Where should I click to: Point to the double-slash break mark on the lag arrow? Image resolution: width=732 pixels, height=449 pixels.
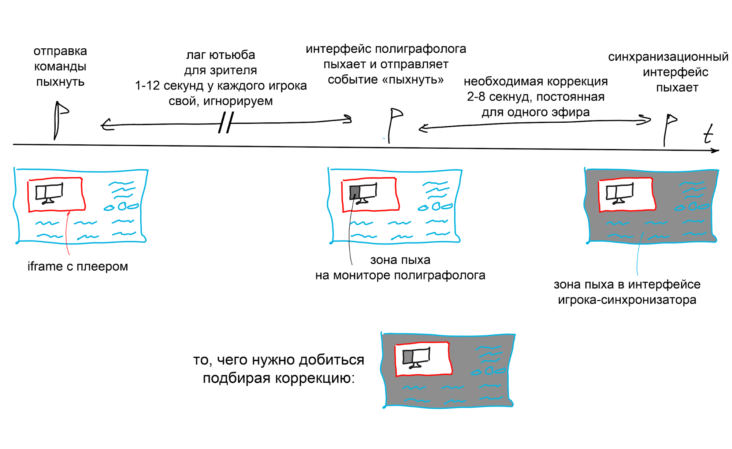click(226, 123)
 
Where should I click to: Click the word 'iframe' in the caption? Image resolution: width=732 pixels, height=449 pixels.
click(45, 266)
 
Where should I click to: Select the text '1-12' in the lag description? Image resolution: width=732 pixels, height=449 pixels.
click(147, 86)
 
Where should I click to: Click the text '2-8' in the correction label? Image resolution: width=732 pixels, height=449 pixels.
click(476, 97)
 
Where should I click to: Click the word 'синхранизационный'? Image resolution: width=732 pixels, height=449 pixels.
click(668, 57)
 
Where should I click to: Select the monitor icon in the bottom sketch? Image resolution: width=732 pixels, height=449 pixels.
click(416, 357)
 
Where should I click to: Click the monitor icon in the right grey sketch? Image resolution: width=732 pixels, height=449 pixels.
click(619, 193)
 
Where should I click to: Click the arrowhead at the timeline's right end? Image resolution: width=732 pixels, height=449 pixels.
click(716, 150)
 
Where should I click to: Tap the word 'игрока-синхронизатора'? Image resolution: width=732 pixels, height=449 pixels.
click(627, 300)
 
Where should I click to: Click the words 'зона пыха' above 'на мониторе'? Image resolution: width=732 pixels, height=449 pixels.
click(400, 260)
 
